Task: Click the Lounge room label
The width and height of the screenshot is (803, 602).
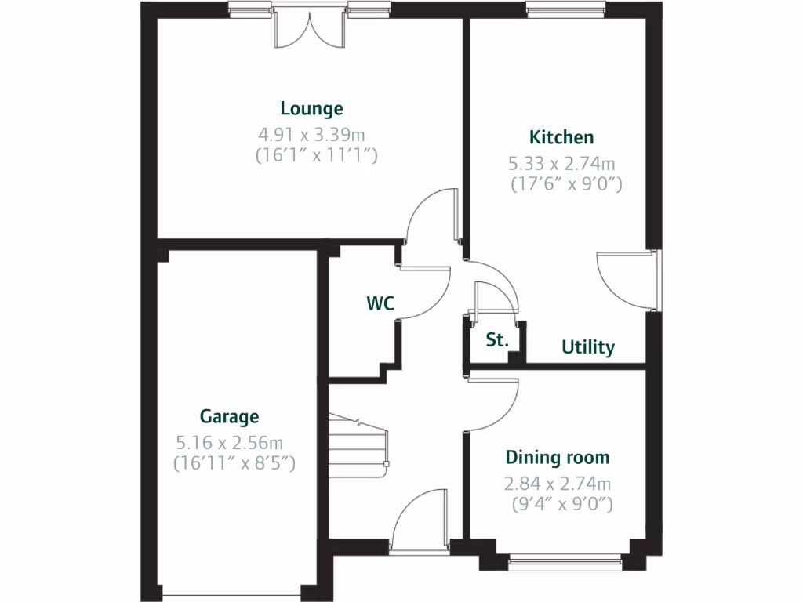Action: pyautogui.click(x=312, y=109)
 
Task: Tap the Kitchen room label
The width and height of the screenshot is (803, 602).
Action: pyautogui.click(x=561, y=137)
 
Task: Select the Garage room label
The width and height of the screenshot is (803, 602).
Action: pyautogui.click(x=229, y=416)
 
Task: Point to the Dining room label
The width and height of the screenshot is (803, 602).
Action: pyautogui.click(x=557, y=457)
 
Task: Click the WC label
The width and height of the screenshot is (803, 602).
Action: pyautogui.click(x=380, y=303)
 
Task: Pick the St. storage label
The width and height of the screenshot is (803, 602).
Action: pyautogui.click(x=497, y=340)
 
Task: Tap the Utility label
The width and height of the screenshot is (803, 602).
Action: pyautogui.click(x=588, y=347)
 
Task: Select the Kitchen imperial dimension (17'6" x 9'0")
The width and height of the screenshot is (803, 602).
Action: pyautogui.click(x=565, y=186)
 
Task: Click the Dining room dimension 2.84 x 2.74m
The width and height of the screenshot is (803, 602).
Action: pyautogui.click(x=558, y=483)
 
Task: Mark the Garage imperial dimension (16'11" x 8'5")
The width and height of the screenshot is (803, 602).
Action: pyautogui.click(x=234, y=463)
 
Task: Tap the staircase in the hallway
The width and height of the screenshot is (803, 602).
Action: pyautogui.click(x=359, y=443)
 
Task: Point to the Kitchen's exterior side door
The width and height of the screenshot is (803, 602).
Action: pyautogui.click(x=627, y=280)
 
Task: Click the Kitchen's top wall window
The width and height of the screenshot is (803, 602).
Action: pyautogui.click(x=566, y=11)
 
